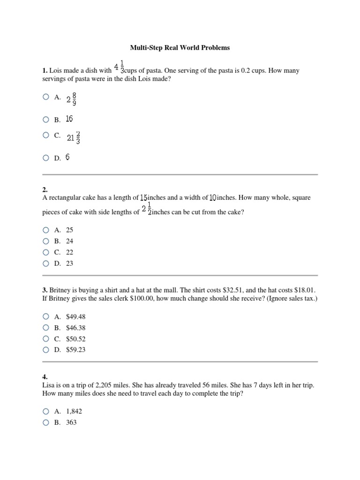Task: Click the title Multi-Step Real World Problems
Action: pos(180,48)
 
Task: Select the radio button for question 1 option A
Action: pos(45,97)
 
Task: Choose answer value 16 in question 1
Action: pos(69,119)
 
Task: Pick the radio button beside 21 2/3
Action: pos(45,135)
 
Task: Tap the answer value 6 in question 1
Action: pos(67,158)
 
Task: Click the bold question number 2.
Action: pos(45,190)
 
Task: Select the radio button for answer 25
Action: pos(45,230)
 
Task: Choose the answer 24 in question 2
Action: pos(69,241)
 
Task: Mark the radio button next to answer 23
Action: pos(45,263)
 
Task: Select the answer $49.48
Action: pos(76,317)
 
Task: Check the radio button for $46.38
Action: pos(45,328)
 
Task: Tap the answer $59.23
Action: pos(76,350)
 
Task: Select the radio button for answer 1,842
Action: pos(45,411)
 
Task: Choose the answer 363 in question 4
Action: pos(71,422)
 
